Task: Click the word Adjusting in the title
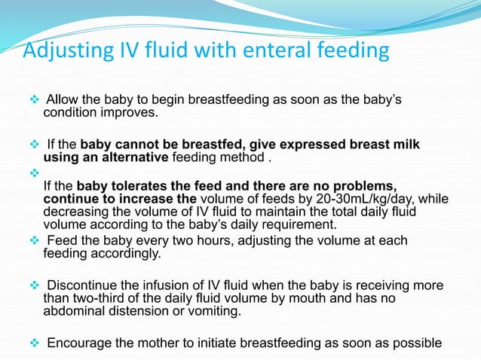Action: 62,52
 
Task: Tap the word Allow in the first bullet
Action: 62,101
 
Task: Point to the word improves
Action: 139,113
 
